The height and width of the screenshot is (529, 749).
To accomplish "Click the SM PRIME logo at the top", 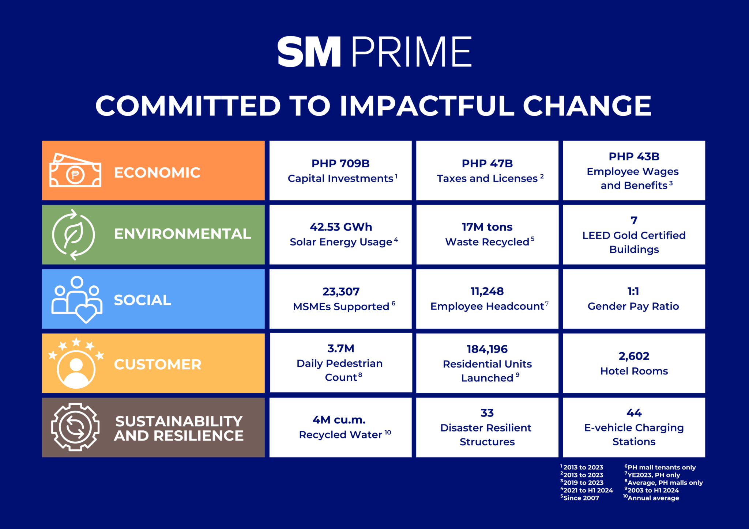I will (x=374, y=52).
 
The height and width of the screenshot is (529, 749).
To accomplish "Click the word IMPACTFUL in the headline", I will (x=427, y=106).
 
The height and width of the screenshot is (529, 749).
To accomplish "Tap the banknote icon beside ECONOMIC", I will (x=75, y=171).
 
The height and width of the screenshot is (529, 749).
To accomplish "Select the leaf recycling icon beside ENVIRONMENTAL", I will (x=74, y=235).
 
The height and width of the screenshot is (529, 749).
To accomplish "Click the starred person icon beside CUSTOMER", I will (x=76, y=364).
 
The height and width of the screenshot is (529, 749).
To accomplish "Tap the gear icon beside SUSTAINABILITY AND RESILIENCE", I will (x=75, y=427).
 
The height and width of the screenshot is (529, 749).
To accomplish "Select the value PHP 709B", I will (x=340, y=164).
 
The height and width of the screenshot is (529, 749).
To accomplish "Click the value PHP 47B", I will (x=487, y=164).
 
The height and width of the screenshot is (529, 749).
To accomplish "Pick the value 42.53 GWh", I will (x=340, y=227).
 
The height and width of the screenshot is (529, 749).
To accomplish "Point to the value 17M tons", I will (x=487, y=227).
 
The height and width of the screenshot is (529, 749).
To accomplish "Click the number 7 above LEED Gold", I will (x=634, y=220).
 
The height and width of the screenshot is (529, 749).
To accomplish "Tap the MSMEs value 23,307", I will (x=340, y=292).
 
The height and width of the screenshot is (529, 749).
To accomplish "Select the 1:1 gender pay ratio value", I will (x=633, y=292).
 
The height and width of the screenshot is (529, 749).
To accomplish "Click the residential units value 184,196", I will (x=487, y=349).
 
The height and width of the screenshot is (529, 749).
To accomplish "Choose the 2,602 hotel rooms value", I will (x=634, y=356).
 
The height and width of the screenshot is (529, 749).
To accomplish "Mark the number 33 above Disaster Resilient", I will (x=487, y=413).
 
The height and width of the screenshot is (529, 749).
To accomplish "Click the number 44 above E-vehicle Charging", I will (x=634, y=413).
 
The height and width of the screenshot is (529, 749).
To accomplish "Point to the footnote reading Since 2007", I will (x=581, y=498).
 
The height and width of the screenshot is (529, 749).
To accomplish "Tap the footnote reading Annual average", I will (x=653, y=498).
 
